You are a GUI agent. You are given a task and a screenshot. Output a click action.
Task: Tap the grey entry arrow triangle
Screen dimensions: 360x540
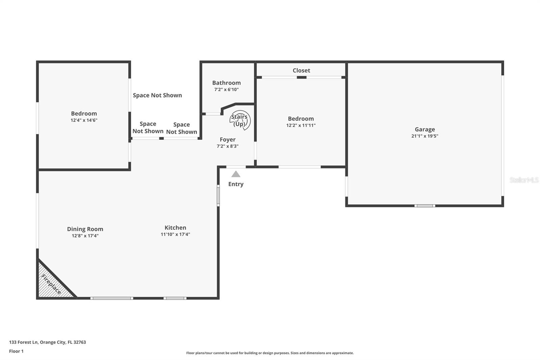click(236, 174)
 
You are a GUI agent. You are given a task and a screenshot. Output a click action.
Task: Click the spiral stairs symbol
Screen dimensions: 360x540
click(240, 120)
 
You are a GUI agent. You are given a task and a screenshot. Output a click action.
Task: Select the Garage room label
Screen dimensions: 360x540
click(425, 129)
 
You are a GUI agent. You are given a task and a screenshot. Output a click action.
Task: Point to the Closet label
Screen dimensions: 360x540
click(301, 70)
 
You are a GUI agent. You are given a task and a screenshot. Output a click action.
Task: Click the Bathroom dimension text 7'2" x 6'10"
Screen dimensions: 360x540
click(226, 89)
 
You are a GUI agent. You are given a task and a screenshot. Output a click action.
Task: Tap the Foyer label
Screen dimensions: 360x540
click(227, 139)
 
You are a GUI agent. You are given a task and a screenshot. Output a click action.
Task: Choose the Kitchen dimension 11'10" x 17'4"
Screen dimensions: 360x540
click(175, 234)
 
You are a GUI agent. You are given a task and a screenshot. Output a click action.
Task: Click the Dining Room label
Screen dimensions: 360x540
click(85, 229)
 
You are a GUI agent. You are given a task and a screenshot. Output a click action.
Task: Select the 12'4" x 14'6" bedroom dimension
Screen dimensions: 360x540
click(84, 120)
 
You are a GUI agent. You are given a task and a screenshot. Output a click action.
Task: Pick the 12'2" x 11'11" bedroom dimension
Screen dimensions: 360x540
click(301, 125)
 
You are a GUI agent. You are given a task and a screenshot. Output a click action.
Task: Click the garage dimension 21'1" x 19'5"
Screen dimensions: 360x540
click(425, 136)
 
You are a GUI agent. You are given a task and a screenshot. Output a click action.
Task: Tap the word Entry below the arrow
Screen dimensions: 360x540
click(236, 184)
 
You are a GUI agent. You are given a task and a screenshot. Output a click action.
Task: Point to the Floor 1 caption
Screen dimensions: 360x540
click(16, 351)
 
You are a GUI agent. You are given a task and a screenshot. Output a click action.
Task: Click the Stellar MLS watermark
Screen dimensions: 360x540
click(524, 180)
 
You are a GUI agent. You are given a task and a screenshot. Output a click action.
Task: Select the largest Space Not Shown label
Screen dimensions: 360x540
click(157, 95)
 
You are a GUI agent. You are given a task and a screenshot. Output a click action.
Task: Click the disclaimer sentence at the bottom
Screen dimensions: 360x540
click(270, 353)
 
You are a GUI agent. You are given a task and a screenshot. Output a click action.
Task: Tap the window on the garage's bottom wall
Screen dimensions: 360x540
click(425, 206)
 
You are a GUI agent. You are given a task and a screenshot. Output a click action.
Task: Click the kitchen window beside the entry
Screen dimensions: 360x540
click(218, 195)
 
